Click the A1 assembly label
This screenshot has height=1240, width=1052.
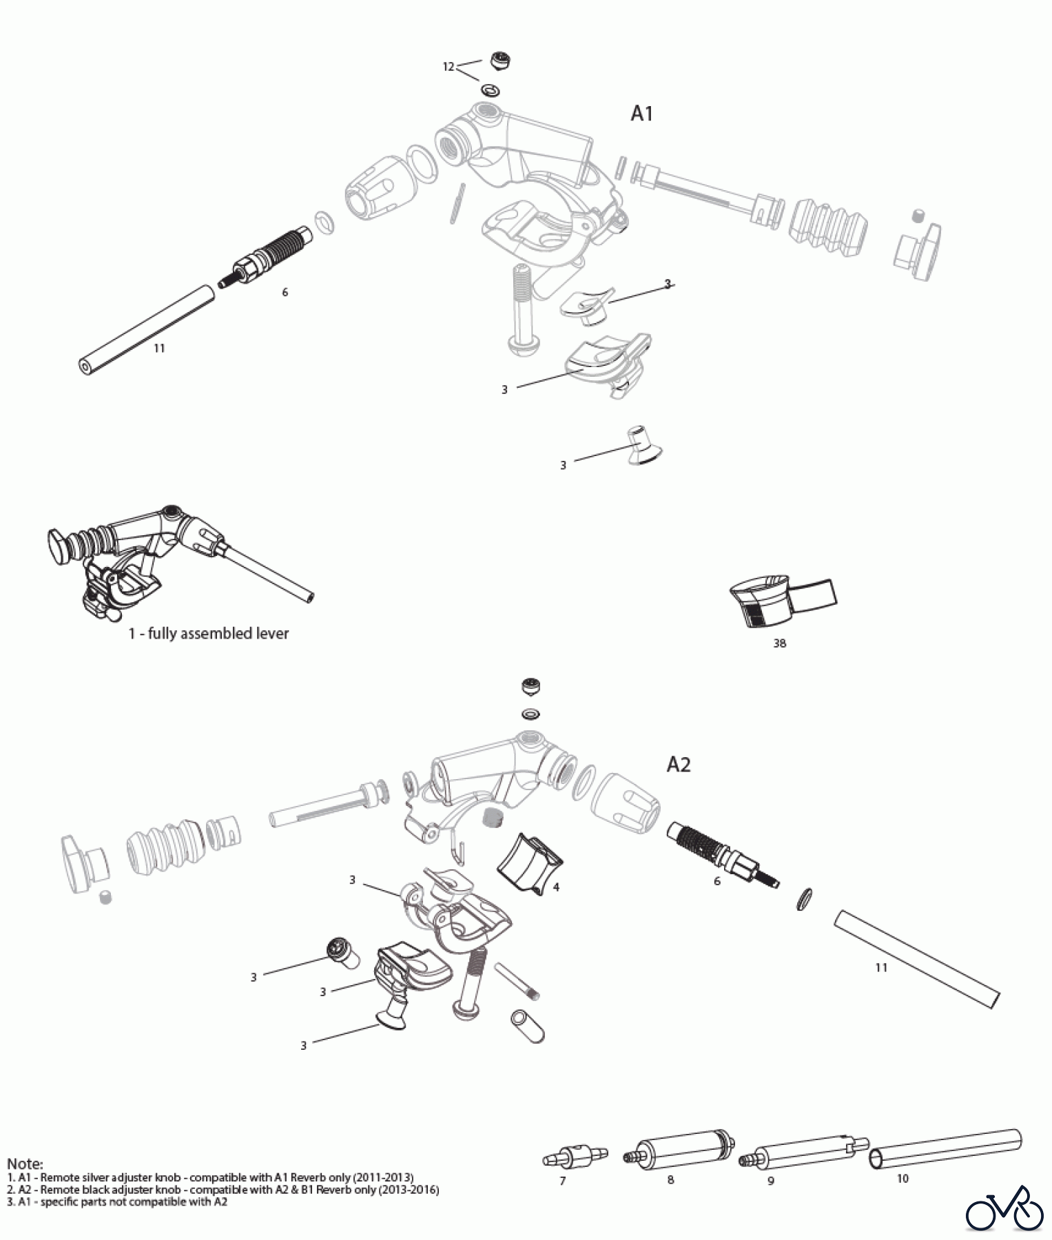(641, 114)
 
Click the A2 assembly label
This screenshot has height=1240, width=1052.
(679, 765)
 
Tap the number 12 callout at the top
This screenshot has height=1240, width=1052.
(448, 67)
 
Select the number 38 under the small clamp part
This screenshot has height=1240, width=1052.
(779, 643)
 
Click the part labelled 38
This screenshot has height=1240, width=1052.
(778, 601)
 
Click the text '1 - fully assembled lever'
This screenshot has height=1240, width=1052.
(208, 633)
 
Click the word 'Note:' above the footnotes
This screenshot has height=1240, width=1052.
(25, 1164)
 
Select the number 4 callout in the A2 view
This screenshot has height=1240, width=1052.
(556, 887)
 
